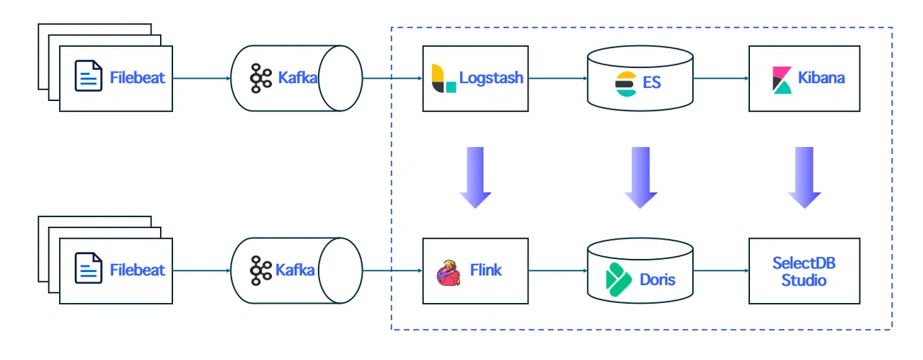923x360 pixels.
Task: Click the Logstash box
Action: (475, 78)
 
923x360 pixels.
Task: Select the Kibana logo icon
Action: (782, 79)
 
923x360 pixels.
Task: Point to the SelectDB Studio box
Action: (804, 271)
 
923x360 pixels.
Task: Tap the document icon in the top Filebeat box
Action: (89, 76)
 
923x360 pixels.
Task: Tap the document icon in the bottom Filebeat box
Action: (89, 269)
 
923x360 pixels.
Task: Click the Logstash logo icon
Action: (443, 78)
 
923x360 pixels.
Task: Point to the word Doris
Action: (658, 278)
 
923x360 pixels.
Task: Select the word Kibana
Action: (821, 78)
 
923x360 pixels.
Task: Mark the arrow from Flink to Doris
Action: (557, 271)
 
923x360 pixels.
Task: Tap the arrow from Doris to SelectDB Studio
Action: (721, 271)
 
